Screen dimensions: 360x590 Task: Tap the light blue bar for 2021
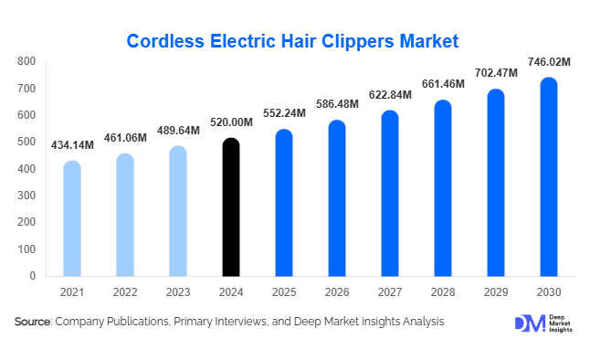click(x=72, y=218)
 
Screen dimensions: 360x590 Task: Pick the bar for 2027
click(x=390, y=193)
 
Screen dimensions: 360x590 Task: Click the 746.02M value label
click(x=548, y=62)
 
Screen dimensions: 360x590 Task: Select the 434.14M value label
click(x=72, y=145)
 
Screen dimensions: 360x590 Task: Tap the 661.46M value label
click(x=443, y=84)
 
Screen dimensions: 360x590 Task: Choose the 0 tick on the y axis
click(x=32, y=275)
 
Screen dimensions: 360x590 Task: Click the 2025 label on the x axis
click(x=284, y=292)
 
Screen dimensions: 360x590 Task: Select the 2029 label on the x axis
click(x=496, y=292)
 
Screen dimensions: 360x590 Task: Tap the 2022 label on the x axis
click(x=125, y=292)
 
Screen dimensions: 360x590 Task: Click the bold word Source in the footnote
click(x=33, y=322)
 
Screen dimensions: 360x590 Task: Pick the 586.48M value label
click(x=337, y=104)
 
